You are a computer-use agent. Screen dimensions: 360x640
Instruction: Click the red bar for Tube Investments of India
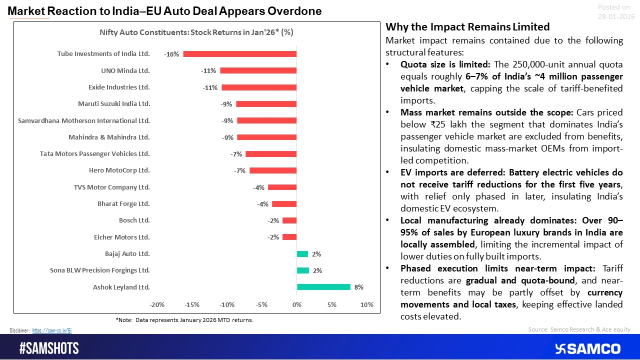[x=240, y=54]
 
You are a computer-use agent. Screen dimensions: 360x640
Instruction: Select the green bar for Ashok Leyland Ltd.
[x=323, y=287]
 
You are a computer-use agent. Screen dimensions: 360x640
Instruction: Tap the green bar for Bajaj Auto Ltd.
[x=302, y=254]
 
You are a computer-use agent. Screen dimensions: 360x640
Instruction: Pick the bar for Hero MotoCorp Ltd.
[x=273, y=170]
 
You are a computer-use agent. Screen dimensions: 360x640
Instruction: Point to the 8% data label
[x=359, y=287]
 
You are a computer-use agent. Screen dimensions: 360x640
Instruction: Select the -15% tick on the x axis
[x=192, y=305]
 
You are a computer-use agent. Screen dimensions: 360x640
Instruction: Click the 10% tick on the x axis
[x=366, y=305]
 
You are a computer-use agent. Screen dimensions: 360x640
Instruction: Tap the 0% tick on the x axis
[x=296, y=305]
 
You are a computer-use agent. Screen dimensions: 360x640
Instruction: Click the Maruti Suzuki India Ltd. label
[x=113, y=104]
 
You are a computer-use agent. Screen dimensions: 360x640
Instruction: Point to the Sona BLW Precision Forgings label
[x=99, y=270]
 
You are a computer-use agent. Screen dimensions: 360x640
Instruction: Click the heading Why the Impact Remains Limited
[x=467, y=27]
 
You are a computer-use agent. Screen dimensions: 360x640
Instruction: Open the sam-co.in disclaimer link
[x=55, y=330]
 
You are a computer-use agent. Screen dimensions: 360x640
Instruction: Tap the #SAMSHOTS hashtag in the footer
[x=49, y=348]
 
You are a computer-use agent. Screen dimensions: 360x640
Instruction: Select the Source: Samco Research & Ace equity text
[x=579, y=329]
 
